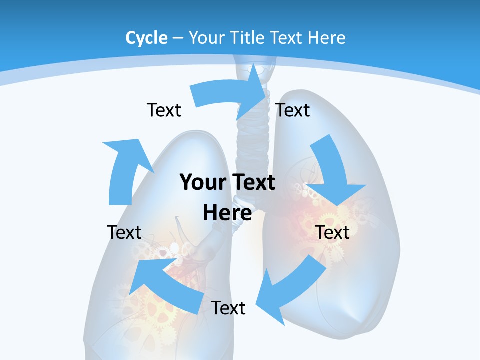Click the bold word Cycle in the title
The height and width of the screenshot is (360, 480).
(146, 38)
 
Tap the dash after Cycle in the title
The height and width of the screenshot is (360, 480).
(178, 38)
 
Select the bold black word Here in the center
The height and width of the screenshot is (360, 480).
(227, 213)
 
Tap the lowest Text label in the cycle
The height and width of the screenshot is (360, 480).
(228, 308)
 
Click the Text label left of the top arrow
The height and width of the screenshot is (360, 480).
(164, 110)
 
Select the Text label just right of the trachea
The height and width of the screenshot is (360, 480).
(293, 110)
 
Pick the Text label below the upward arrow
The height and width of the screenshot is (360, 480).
(124, 232)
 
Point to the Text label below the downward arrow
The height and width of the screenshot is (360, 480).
(333, 232)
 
